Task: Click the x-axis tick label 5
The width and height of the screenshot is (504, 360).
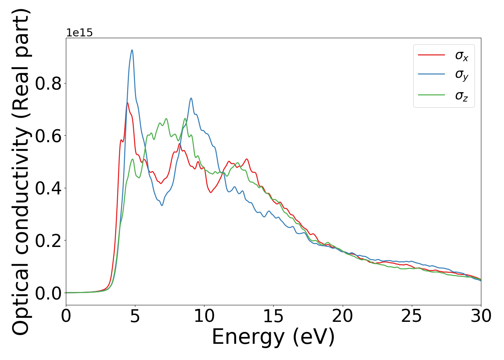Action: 135,316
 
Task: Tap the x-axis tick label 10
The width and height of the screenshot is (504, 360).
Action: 204,316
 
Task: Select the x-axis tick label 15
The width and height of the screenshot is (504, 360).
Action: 273,316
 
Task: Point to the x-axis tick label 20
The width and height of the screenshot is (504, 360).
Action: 342,316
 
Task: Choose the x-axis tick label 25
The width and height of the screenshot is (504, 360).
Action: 411,316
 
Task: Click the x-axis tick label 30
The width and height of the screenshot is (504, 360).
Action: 481,316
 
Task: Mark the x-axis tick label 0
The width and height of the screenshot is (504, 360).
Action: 66,316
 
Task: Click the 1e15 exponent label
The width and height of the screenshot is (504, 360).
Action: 79,33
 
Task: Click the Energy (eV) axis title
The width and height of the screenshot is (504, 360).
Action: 273,337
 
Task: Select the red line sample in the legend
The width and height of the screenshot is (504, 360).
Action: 431,55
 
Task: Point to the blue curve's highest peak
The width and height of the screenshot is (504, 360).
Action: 132,50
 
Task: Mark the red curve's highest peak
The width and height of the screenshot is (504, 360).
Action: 127,103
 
